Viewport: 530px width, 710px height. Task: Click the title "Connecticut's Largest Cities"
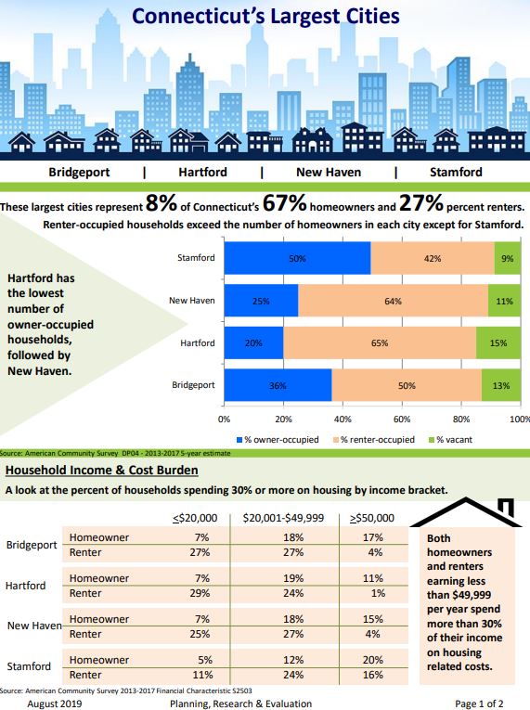coord(265,17)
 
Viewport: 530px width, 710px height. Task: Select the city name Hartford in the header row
coord(202,172)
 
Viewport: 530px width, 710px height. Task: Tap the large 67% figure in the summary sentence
coord(284,202)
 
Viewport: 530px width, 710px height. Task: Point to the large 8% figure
coord(162,202)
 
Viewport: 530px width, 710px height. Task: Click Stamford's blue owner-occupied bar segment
coord(297,258)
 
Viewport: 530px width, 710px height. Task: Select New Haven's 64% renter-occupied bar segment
coord(394,301)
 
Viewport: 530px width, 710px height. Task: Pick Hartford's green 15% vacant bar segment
coord(498,342)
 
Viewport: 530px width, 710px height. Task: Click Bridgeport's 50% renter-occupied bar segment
coord(407,385)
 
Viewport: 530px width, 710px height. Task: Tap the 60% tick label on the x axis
coord(402,420)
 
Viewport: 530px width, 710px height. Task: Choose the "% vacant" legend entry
coord(450,440)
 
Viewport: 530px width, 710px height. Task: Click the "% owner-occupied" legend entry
coord(278,440)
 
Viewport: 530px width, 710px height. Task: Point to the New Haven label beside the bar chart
coord(192,301)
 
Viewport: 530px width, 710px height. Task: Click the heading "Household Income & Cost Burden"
coord(101,470)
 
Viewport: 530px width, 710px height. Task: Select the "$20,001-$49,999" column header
coord(283,518)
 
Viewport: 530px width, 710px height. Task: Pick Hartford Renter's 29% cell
coord(200,593)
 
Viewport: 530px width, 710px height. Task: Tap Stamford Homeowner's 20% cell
coord(373,660)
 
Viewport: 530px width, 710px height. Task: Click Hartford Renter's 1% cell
coord(378,593)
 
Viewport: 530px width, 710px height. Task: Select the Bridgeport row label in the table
coord(32,545)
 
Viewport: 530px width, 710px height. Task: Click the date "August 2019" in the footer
coord(55,704)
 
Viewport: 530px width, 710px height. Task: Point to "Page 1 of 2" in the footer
coord(479,704)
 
